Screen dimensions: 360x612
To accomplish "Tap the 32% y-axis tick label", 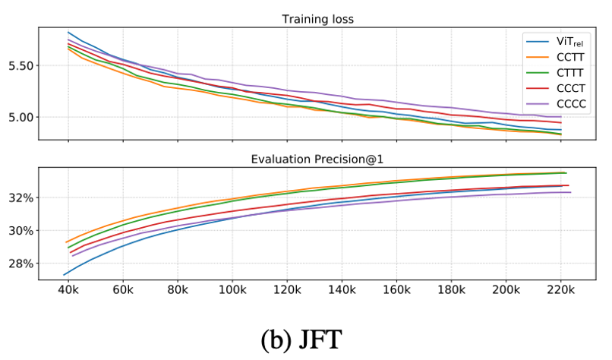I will [x=24, y=198].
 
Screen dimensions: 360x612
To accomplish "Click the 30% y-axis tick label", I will [x=24, y=231].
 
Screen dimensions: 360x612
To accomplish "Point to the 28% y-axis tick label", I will [x=24, y=264].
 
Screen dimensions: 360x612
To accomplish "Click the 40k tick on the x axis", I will [x=68, y=290].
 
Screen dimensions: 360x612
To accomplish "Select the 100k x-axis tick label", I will [x=232, y=290].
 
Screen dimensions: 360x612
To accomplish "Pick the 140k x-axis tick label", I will [x=342, y=290].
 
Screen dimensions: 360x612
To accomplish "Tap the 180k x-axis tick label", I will [x=451, y=290].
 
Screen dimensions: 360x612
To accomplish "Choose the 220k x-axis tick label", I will [x=560, y=290].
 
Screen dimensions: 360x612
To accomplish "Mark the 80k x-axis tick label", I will [x=177, y=290].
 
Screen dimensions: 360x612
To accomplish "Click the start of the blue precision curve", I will [x=64, y=274].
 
